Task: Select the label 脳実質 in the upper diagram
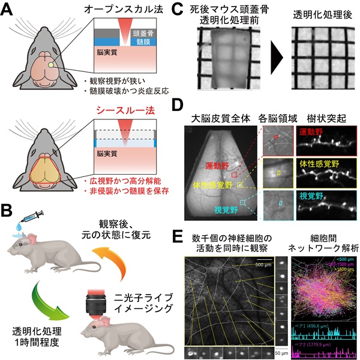(105, 52)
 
